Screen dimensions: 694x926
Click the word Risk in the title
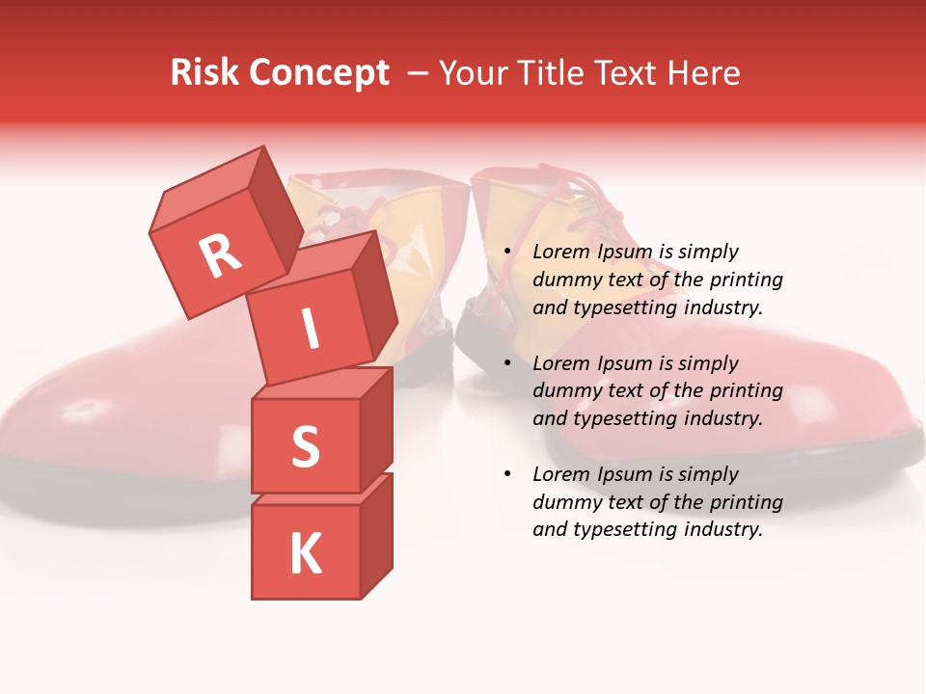(205, 73)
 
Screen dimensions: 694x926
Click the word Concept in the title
(318, 74)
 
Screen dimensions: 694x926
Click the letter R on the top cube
(221, 255)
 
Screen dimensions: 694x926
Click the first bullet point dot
(507, 253)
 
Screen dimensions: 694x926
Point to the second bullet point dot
(507, 364)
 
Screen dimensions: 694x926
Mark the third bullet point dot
(507, 475)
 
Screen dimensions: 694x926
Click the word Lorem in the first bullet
(560, 253)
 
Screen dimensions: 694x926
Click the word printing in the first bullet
(747, 280)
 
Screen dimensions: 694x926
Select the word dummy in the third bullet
(564, 502)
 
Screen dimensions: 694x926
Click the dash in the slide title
(419, 73)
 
